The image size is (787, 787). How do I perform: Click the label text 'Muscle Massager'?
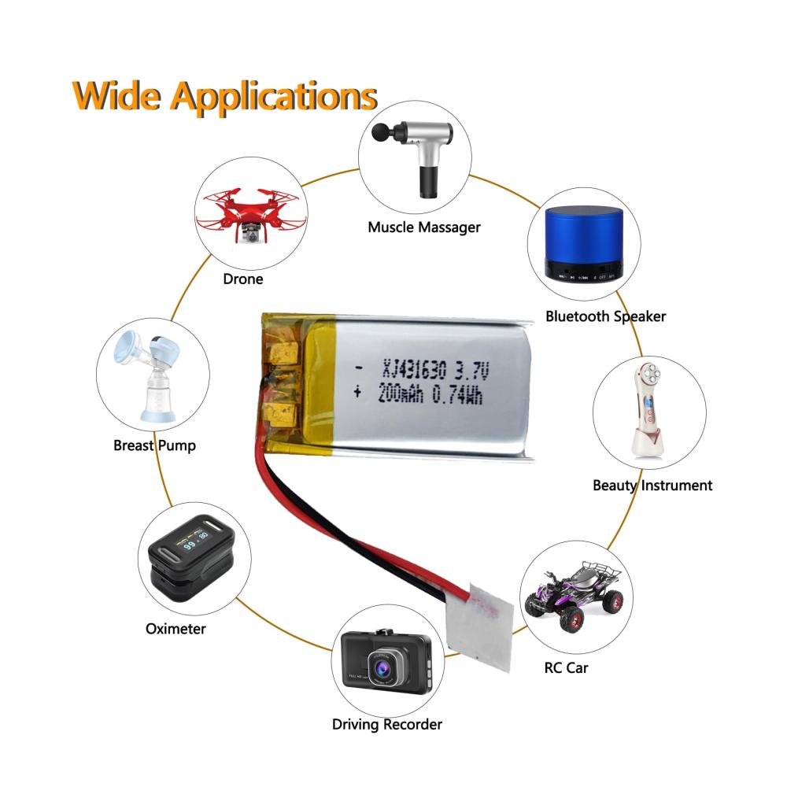(423, 227)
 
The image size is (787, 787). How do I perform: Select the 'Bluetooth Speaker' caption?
(605, 316)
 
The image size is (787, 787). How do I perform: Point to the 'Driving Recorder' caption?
(386, 724)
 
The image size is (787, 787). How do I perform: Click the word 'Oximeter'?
(176, 628)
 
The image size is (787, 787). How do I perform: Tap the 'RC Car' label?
(566, 668)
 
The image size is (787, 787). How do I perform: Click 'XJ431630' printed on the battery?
(413, 368)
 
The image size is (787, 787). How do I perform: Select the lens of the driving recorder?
(382, 671)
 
